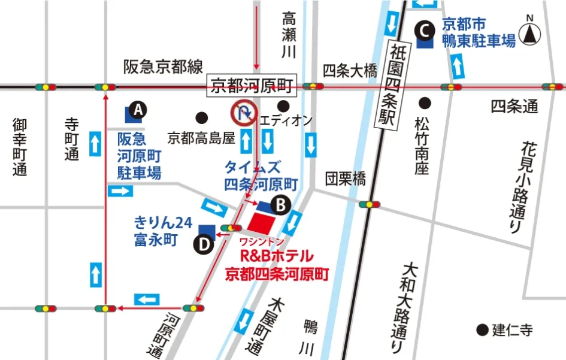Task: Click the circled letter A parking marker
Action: pos(138,110)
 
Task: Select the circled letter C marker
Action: pos(425,28)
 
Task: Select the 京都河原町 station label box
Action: pos(252,86)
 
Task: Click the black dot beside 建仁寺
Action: pos(481,329)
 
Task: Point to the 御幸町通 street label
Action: pos(20,147)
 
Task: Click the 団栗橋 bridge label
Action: pos(345,179)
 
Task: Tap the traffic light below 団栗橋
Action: pos(371,204)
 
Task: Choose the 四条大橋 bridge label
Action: pos(350,71)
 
